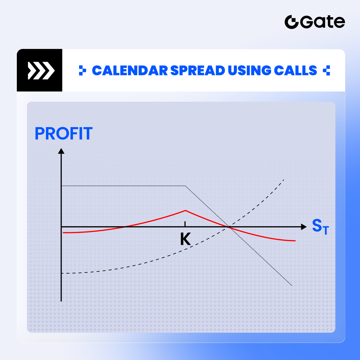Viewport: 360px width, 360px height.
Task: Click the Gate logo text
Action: click(322, 22)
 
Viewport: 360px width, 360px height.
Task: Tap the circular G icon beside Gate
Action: click(291, 22)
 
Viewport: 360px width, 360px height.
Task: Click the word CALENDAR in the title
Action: click(130, 70)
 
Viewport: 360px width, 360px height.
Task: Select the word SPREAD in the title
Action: click(198, 70)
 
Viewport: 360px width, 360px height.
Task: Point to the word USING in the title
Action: click(249, 70)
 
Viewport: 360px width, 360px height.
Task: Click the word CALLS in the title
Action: click(295, 70)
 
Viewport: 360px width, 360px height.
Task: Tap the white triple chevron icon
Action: click(41, 70)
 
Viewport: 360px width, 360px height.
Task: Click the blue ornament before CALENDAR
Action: click(82, 70)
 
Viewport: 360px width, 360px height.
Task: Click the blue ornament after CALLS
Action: click(326, 70)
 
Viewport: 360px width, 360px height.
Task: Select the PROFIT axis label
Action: click(64, 133)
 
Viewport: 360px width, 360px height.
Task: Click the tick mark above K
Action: click(185, 224)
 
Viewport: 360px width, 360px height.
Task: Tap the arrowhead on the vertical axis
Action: click(61, 151)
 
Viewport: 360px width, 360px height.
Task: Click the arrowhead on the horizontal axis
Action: click(304, 227)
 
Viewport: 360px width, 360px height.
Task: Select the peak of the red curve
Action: click(185, 211)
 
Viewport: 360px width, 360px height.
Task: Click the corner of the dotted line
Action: click(185, 186)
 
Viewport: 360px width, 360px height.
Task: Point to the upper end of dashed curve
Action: click(284, 180)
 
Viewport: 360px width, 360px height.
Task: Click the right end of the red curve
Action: click(295, 241)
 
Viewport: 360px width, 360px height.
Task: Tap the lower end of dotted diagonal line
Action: click(292, 286)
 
